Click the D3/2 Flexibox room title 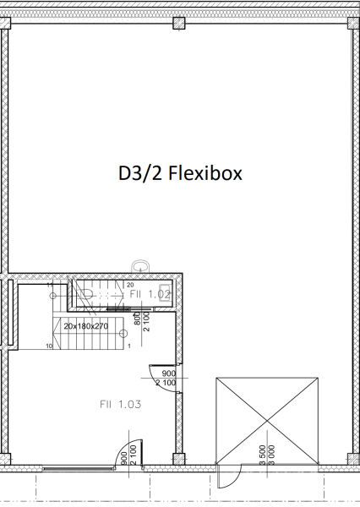(180, 174)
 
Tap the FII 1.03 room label (118, 404)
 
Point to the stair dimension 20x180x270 (86, 325)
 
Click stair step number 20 (130, 286)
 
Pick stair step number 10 (49, 346)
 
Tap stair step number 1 (128, 346)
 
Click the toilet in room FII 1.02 (90, 294)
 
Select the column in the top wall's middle (179, 24)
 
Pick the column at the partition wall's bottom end (178, 460)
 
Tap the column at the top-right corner (351, 24)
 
